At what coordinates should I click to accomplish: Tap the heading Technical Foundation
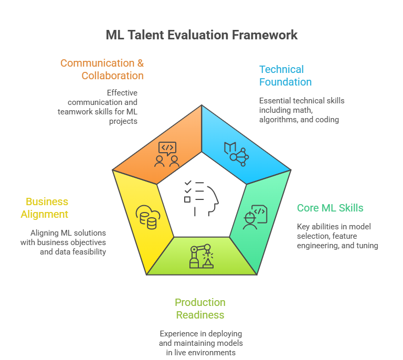click(x=285, y=76)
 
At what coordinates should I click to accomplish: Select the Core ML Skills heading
click(x=330, y=208)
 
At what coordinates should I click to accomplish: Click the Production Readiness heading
click(x=200, y=309)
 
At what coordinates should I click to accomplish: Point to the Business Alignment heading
click(x=45, y=208)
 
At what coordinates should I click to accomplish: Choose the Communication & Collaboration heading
click(x=102, y=69)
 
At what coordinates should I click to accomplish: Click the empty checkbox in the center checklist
click(x=187, y=199)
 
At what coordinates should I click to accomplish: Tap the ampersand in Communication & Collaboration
click(x=140, y=63)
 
